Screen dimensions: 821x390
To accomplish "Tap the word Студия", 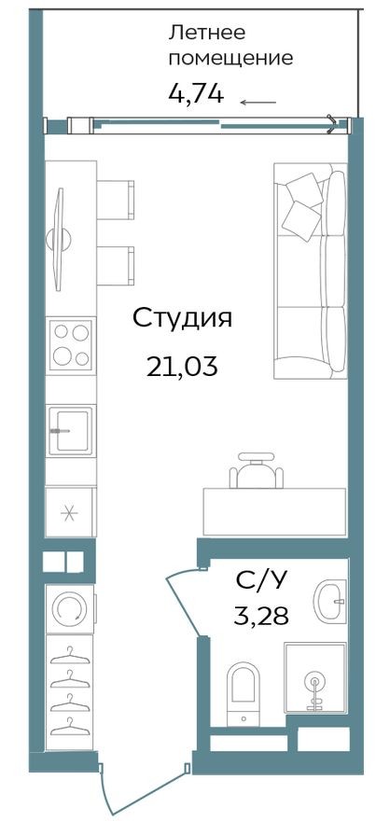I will click(x=181, y=318).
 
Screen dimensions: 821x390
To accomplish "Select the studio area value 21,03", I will click(x=181, y=367).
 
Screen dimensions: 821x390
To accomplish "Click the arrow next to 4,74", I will click(x=258, y=102).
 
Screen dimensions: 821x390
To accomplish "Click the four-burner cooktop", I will click(x=71, y=345).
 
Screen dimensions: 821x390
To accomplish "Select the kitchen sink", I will click(x=71, y=430).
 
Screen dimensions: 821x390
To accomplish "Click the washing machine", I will click(x=69, y=609).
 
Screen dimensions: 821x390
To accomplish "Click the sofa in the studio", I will click(x=310, y=271).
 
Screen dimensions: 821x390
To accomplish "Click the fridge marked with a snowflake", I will click(x=70, y=512).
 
